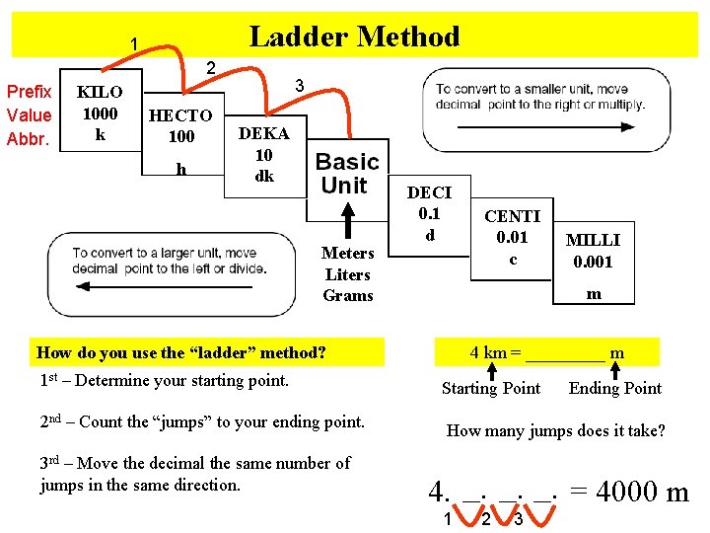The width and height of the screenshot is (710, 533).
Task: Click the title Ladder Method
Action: click(354, 37)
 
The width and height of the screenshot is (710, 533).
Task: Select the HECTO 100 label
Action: click(180, 125)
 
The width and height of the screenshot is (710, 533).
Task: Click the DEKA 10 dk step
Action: click(263, 155)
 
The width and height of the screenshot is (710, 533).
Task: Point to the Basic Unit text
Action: click(347, 173)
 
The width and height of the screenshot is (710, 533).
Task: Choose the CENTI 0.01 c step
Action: click(512, 237)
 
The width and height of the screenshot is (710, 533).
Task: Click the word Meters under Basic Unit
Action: click(348, 254)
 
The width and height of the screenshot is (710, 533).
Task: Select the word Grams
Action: click(348, 295)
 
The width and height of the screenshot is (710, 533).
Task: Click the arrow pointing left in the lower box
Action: click(163, 287)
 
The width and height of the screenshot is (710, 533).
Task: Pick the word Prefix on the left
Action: click(29, 92)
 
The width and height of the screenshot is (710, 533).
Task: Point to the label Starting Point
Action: click(490, 388)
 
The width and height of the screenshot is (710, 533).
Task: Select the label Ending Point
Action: click(614, 388)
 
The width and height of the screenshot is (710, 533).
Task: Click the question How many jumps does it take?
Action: click(556, 430)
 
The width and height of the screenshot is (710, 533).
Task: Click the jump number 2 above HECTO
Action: click(209, 68)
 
